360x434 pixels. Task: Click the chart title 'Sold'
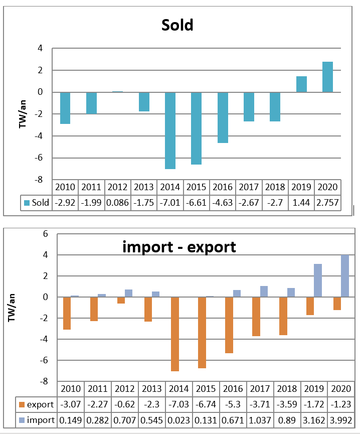click(x=177, y=25)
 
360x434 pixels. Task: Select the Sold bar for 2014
click(x=170, y=130)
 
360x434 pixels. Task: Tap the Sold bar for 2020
click(x=327, y=77)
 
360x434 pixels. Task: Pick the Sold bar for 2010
click(x=65, y=108)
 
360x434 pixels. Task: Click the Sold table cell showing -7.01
click(x=170, y=203)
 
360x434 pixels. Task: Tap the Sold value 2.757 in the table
click(x=327, y=203)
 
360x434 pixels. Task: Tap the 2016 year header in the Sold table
click(x=223, y=187)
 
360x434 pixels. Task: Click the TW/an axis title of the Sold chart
click(x=23, y=114)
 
